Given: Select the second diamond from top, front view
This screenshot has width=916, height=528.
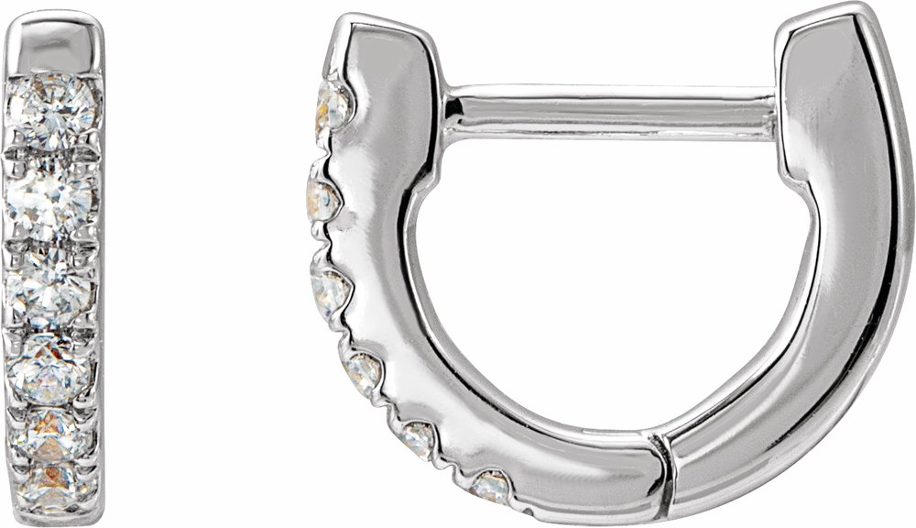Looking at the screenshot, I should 53,197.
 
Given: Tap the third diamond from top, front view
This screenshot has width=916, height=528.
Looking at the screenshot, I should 50,289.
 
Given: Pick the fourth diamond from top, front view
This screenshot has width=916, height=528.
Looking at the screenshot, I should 51,369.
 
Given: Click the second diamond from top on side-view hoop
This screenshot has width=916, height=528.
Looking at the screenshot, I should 322,200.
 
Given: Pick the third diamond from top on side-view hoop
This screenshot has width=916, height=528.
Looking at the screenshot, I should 331,289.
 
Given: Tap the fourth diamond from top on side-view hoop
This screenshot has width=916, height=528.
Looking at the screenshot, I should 363,371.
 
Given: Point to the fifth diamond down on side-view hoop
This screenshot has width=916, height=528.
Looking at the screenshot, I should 418,438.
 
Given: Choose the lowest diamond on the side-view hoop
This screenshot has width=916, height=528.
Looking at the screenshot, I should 491,485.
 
